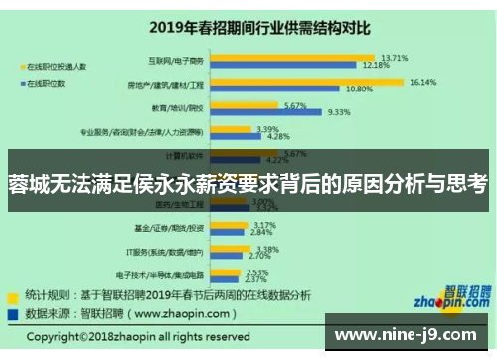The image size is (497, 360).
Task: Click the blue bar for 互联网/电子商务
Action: coord(287,65)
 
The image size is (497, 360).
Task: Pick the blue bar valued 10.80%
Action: coord(275,89)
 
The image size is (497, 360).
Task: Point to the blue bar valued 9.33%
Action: coord(266,112)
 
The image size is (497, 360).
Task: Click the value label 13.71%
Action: coord(394,57)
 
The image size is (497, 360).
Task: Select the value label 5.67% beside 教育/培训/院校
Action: coord(295,105)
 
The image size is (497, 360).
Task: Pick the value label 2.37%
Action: coord(255,279)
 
